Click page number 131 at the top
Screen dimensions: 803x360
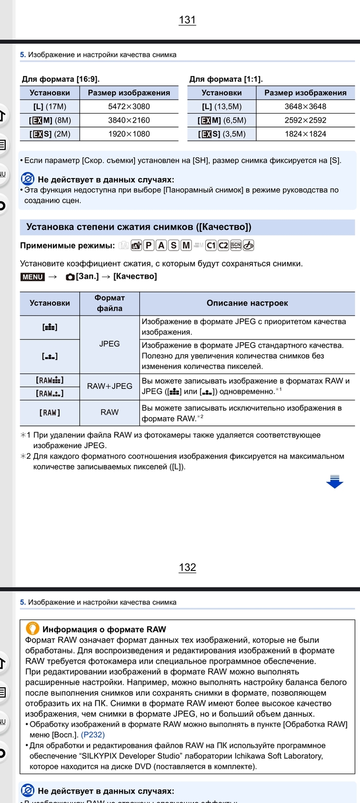[x=187, y=20]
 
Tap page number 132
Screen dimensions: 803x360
[x=187, y=567]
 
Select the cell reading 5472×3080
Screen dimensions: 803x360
[x=129, y=106]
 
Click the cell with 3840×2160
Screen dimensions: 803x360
[x=129, y=120]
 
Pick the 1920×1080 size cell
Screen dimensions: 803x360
[x=129, y=134]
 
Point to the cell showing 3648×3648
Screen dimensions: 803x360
[x=305, y=106]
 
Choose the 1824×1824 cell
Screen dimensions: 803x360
[x=305, y=134]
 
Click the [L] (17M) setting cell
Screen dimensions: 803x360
[x=49, y=106]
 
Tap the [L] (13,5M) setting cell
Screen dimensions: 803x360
[x=221, y=106]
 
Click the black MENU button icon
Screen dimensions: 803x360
[x=32, y=277]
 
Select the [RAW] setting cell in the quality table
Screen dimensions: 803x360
[x=49, y=413]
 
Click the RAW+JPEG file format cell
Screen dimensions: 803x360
[x=110, y=386]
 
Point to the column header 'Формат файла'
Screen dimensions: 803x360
[x=110, y=303]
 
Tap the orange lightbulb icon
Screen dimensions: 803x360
[x=32, y=629]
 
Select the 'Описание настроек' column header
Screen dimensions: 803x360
[x=247, y=303]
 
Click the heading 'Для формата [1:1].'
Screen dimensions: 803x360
[x=226, y=79]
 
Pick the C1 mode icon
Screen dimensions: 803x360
[x=211, y=245]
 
